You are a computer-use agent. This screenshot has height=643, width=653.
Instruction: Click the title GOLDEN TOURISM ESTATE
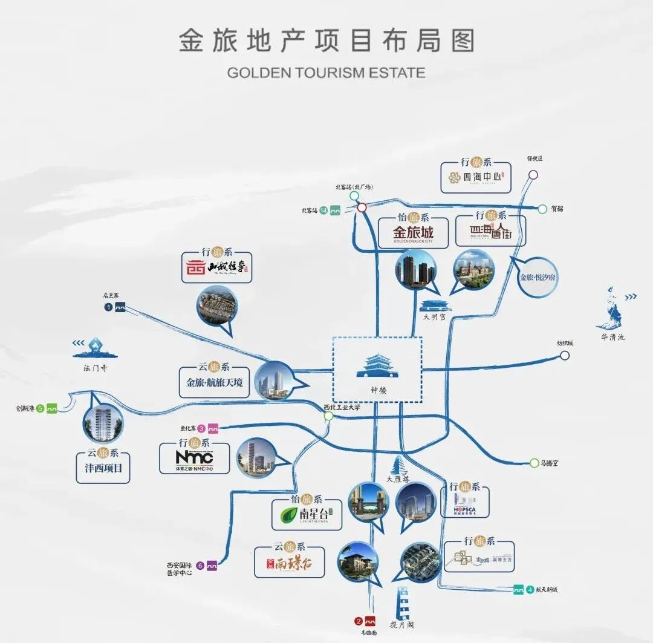click(326, 73)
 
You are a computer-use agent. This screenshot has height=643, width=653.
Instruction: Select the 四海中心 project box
click(475, 177)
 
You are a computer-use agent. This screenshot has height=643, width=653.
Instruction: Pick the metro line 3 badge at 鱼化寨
click(208, 428)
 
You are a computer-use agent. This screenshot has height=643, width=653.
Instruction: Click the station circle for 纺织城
click(564, 356)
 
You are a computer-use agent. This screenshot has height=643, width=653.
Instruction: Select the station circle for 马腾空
click(534, 463)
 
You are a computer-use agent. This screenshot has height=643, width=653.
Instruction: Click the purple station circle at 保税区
click(533, 175)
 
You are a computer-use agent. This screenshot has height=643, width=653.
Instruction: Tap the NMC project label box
click(194, 458)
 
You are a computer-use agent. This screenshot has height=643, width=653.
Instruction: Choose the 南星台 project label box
click(307, 514)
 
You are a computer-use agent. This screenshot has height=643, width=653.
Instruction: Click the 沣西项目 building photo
click(103, 422)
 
